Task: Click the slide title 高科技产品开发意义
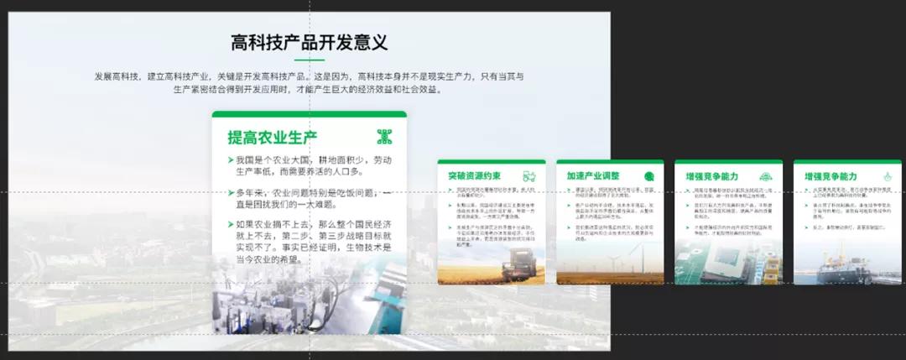pos(309,43)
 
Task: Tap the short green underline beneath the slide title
pos(309,60)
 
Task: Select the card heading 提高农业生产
pos(272,138)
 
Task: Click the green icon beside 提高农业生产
pos(384,137)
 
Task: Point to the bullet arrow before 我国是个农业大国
pos(231,160)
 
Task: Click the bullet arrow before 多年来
pos(231,193)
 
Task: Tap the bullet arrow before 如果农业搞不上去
pos(231,225)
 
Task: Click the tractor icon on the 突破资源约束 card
pos(530,176)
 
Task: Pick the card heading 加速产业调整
pos(592,177)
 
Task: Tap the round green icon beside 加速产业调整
pos(649,176)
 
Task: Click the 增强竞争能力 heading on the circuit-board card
pos(711,177)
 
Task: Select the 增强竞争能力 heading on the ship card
pos(830,177)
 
